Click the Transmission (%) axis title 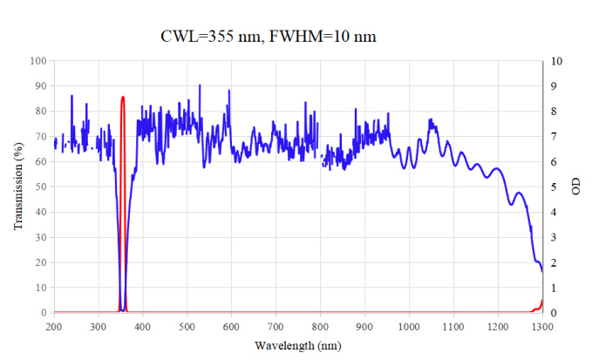(17, 187)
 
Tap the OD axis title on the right (575, 187)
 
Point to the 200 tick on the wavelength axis (54, 326)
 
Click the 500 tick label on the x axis (187, 326)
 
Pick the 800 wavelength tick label (320, 326)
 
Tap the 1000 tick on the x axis (409, 326)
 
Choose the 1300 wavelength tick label (541, 326)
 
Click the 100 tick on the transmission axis (37, 61)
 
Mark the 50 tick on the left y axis (40, 187)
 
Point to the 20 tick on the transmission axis (40, 262)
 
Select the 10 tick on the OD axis (555, 61)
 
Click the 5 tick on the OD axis (552, 187)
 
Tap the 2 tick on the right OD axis (552, 262)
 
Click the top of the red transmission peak (123, 97)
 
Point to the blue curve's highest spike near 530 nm (200, 85)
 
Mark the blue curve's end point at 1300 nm (541, 271)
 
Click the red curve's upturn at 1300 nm (541, 302)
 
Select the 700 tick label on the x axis (276, 326)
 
